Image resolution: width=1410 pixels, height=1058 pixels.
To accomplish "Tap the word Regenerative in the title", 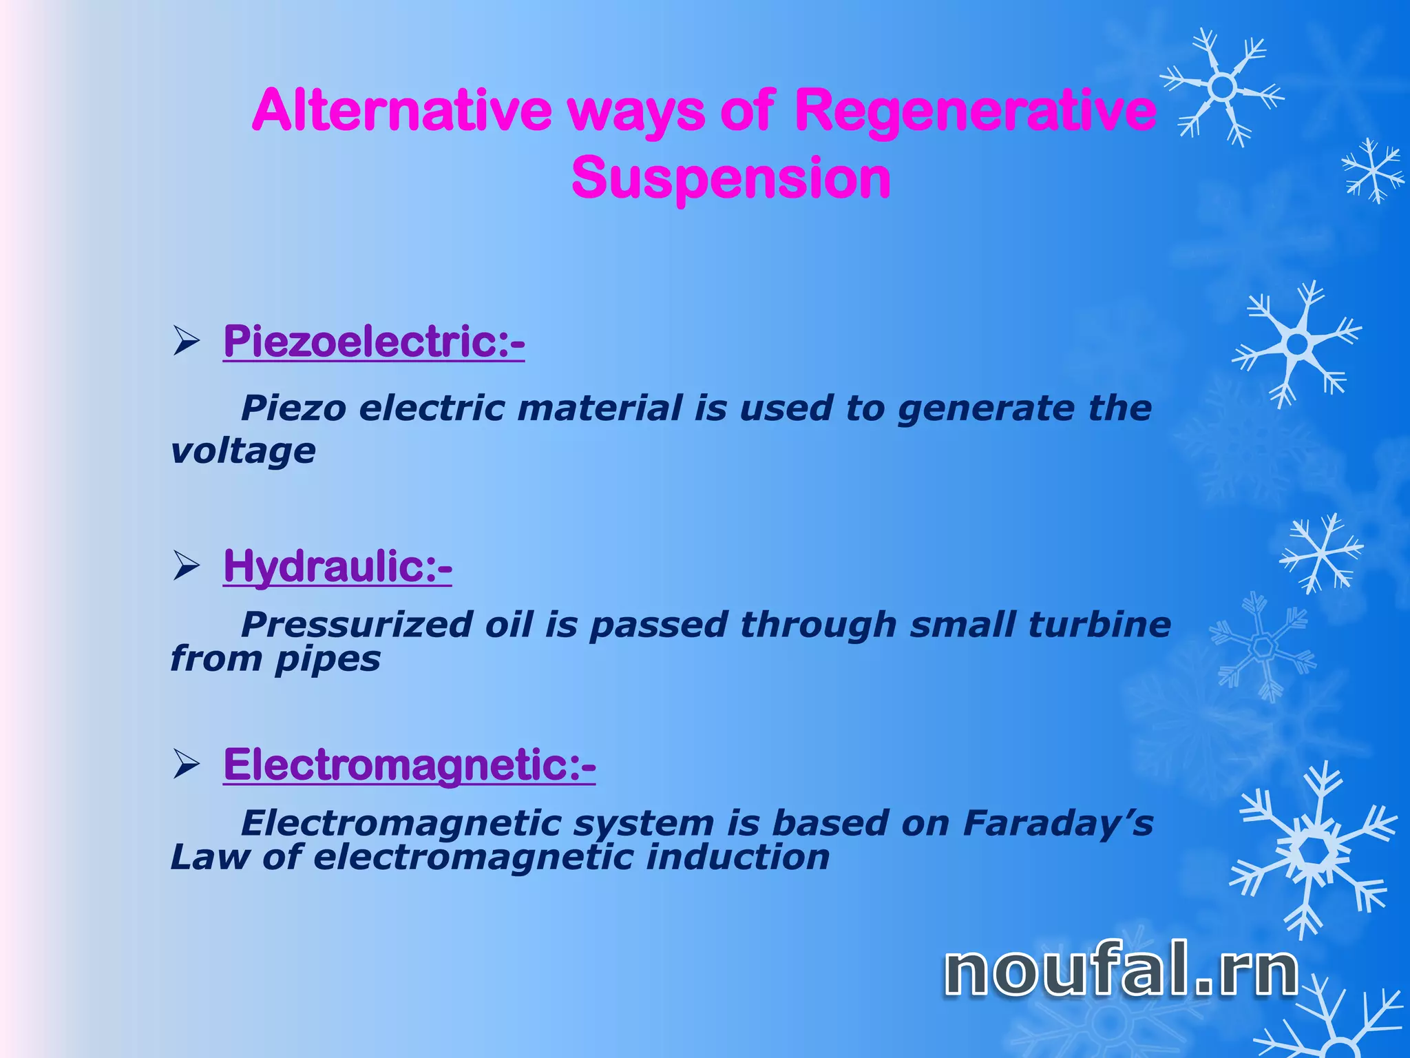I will (975, 110).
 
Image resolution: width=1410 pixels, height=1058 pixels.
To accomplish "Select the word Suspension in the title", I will (730, 178).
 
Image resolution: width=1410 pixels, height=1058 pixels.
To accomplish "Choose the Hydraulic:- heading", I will (337, 566).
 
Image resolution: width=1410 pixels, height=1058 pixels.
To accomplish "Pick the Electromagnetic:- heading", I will (410, 765).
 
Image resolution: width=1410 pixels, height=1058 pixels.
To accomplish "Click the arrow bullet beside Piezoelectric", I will (186, 342).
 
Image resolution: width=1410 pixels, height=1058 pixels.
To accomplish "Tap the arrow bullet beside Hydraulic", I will (186, 567).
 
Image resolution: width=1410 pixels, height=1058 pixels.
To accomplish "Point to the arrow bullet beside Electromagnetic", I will (186, 765).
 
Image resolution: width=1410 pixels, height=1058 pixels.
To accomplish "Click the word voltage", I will (243, 452).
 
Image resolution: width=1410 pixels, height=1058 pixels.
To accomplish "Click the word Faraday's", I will (1057, 823).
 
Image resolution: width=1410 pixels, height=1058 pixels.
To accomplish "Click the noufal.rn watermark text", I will (1120, 971).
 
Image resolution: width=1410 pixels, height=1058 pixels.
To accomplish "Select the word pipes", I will (328, 660).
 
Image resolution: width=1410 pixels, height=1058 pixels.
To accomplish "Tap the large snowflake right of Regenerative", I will (1223, 87).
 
